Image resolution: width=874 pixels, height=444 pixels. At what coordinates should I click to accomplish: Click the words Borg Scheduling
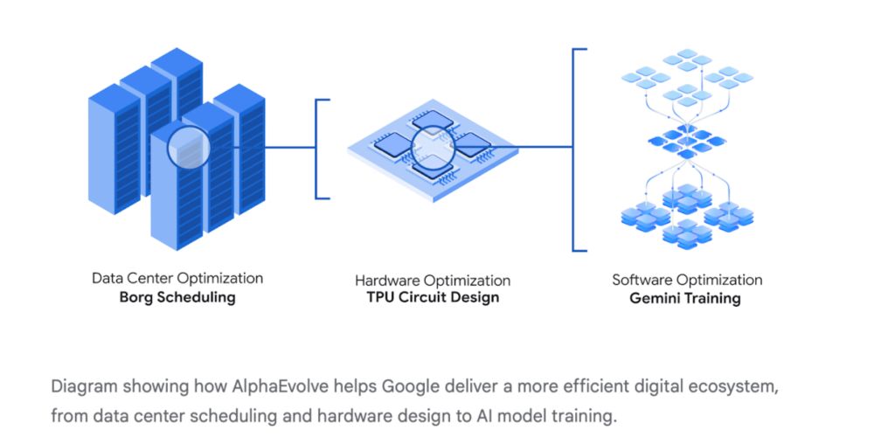[177, 297]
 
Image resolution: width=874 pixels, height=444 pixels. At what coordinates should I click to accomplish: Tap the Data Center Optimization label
[177, 278]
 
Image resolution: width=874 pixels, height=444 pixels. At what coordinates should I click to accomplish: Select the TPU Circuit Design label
[433, 297]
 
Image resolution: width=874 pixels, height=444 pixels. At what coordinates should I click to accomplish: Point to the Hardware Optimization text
[433, 281]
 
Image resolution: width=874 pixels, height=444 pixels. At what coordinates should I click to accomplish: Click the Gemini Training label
[687, 298]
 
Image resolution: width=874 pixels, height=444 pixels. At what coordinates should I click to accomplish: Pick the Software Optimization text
[687, 280]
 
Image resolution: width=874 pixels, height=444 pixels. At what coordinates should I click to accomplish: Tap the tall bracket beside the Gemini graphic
[574, 149]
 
